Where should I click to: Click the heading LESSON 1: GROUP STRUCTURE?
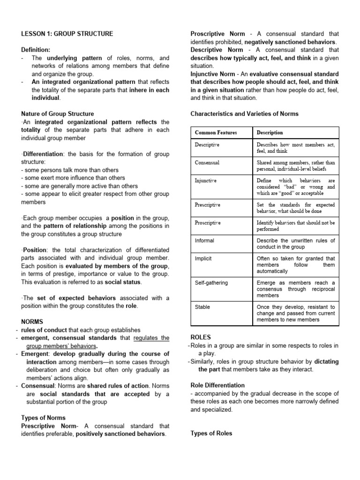coord(67,34)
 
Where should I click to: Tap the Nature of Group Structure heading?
coord(58,114)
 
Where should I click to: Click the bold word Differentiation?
coord(44,154)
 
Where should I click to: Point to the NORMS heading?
coord(32,322)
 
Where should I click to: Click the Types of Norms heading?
coord(44,418)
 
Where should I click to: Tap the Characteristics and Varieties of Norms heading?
coord(244,114)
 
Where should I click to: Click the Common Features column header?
coord(216,133)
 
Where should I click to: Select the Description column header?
coord(270,133)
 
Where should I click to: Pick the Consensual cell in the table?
coord(207,163)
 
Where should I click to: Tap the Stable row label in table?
coord(202,307)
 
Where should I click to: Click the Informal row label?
coord(205,240)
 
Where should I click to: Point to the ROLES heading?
coord(201,337)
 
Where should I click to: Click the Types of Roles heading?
coord(211,434)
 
